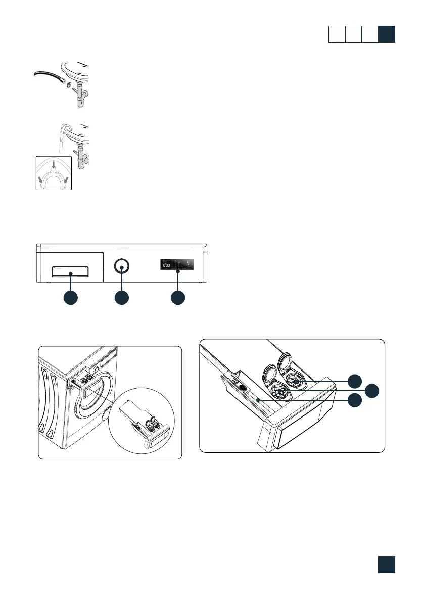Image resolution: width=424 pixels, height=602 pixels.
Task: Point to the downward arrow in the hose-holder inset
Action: [x=54, y=166]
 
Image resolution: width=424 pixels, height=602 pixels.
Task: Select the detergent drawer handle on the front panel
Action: [x=71, y=272]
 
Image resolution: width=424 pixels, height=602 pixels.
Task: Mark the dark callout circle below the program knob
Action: [x=121, y=298]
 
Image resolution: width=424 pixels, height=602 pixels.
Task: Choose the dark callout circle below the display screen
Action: [x=177, y=298]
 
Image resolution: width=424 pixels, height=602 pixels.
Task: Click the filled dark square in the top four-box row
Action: [x=387, y=35]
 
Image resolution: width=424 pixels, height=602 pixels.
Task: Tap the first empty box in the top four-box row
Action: [x=337, y=35]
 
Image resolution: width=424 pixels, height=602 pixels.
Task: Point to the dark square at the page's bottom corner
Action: [x=386, y=565]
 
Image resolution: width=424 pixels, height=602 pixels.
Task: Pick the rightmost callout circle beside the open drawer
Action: [x=372, y=390]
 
